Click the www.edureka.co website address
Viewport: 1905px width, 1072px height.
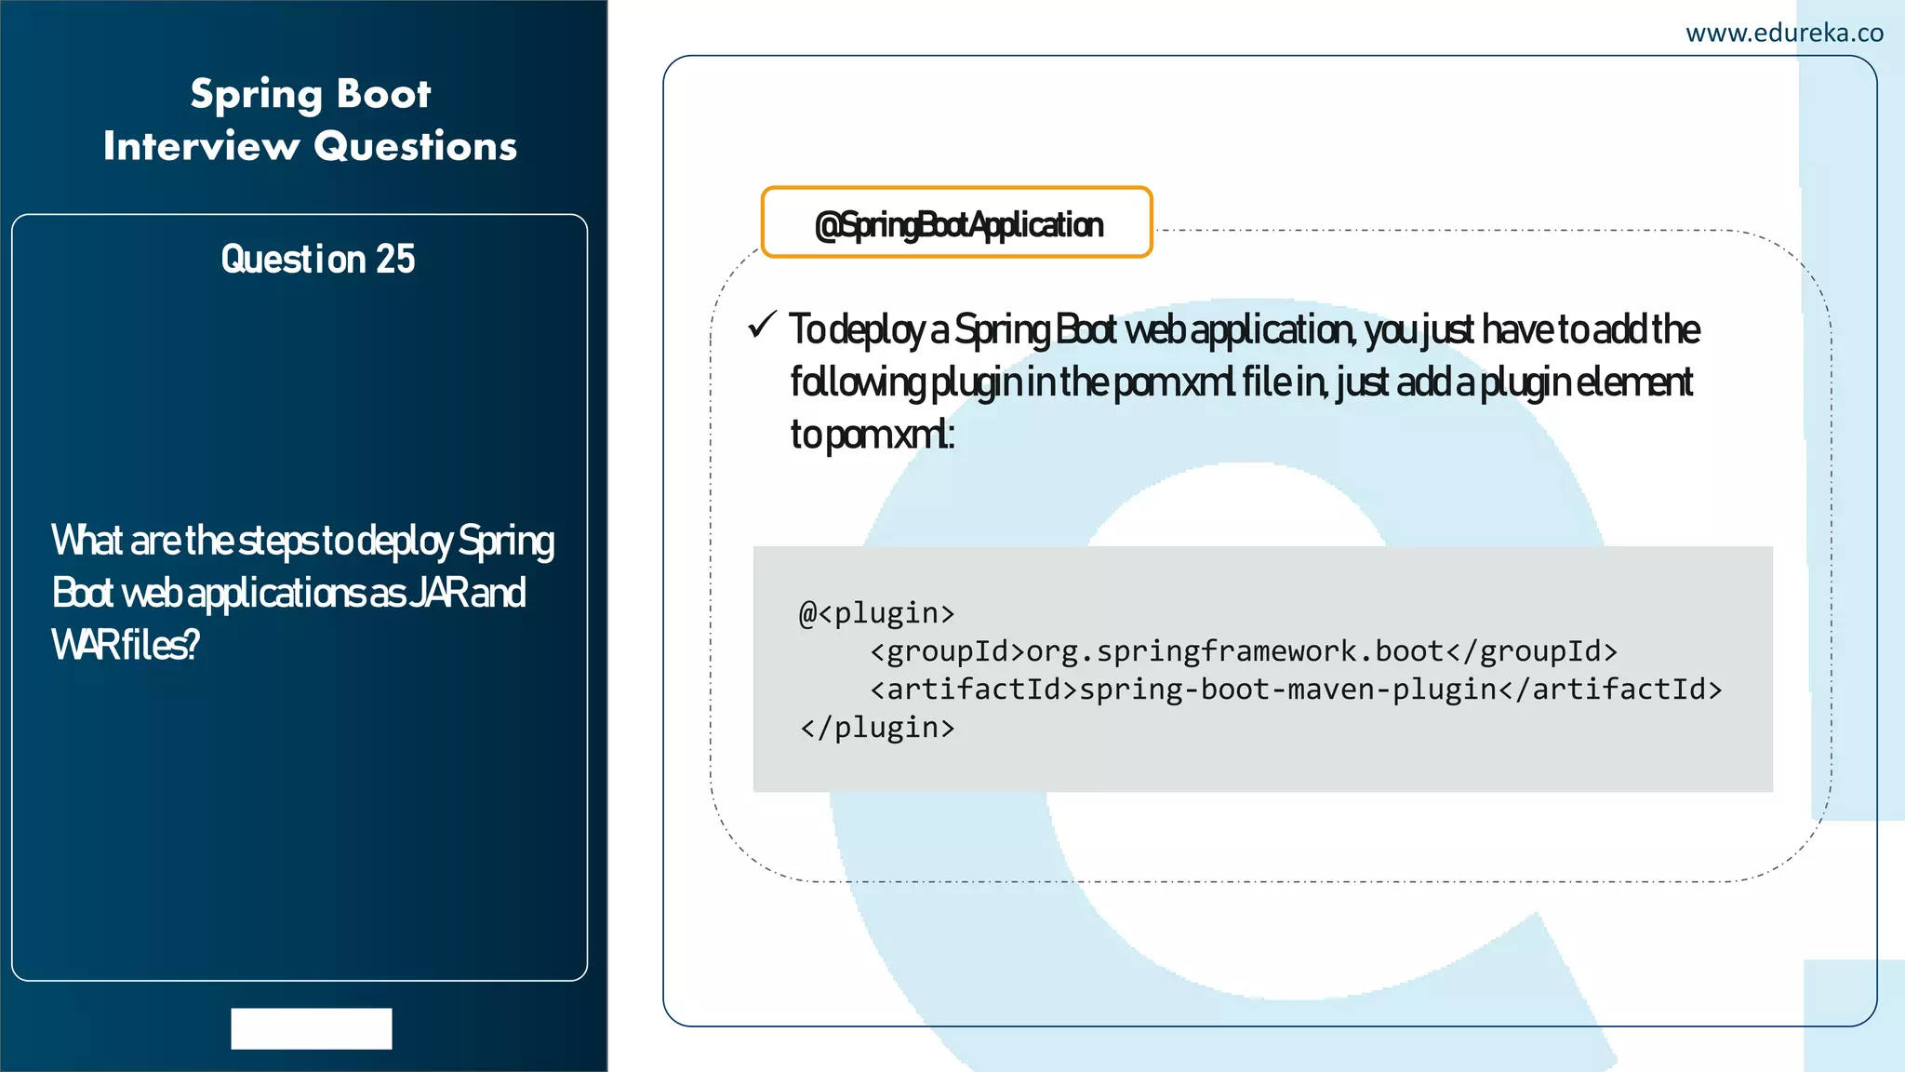click(x=1784, y=33)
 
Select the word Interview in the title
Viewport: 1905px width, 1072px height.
click(x=201, y=146)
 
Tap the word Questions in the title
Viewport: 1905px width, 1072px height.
click(x=415, y=146)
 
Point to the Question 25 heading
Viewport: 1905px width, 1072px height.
click(x=317, y=259)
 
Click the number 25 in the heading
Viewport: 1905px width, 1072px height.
click(x=394, y=259)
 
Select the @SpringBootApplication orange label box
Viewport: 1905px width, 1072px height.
click(x=956, y=223)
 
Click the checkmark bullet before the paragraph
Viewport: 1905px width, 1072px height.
click(x=762, y=326)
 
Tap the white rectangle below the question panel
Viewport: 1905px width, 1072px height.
click(x=311, y=1028)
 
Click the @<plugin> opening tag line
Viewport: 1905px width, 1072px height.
click(x=876, y=613)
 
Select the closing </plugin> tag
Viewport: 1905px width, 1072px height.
click(x=876, y=728)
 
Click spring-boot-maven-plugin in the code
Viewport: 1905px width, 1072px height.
click(x=1287, y=690)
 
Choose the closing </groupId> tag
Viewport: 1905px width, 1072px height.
click(x=1531, y=651)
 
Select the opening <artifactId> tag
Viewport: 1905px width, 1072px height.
click(x=973, y=690)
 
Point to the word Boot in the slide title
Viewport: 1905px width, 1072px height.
click(x=383, y=95)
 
